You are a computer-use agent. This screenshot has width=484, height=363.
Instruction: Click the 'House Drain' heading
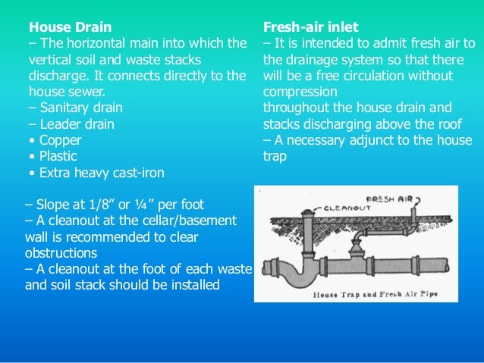(70, 27)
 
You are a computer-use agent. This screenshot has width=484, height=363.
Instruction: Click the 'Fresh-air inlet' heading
(310, 27)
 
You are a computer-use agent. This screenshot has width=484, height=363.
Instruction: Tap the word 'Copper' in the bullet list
(60, 141)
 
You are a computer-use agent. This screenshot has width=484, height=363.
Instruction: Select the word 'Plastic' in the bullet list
(58, 156)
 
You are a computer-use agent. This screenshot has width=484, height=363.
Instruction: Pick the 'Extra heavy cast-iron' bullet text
(102, 173)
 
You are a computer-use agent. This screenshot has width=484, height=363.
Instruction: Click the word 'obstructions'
(61, 253)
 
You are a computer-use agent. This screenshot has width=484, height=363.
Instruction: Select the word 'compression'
(300, 92)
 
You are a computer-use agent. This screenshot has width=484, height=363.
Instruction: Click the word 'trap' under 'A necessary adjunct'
(275, 157)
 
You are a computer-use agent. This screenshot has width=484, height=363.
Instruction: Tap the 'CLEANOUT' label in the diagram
(347, 208)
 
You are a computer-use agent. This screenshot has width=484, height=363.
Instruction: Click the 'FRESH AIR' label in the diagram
(389, 199)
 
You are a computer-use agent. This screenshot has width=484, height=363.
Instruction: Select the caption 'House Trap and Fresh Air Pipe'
(375, 294)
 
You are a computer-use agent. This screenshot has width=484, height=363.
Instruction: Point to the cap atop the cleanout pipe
(308, 213)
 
